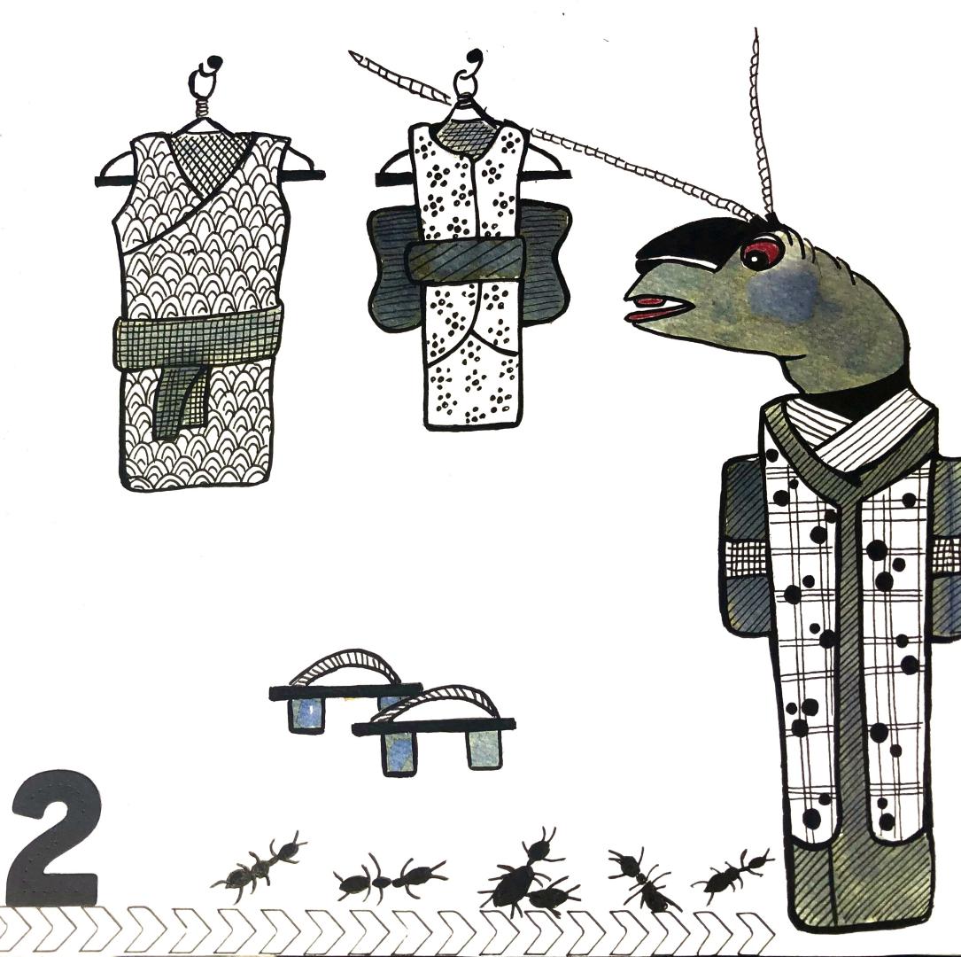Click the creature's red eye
(762, 252)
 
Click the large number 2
(55, 836)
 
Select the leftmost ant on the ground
(258, 865)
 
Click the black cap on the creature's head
(687, 241)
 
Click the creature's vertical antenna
(762, 122)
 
